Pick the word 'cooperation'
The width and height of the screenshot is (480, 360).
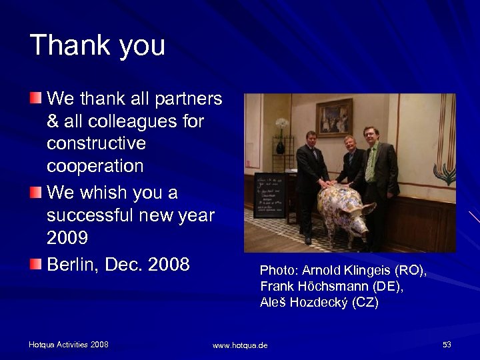pos(95,166)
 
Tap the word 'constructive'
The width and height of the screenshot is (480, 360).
pos(96,143)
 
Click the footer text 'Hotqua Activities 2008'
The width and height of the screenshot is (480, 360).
pos(69,344)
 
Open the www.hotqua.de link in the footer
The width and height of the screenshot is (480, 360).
pos(240,345)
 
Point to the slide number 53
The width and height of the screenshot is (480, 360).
pos(447,344)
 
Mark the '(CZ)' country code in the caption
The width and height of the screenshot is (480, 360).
pos(365,302)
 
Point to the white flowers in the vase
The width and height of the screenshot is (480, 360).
pos(281,124)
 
